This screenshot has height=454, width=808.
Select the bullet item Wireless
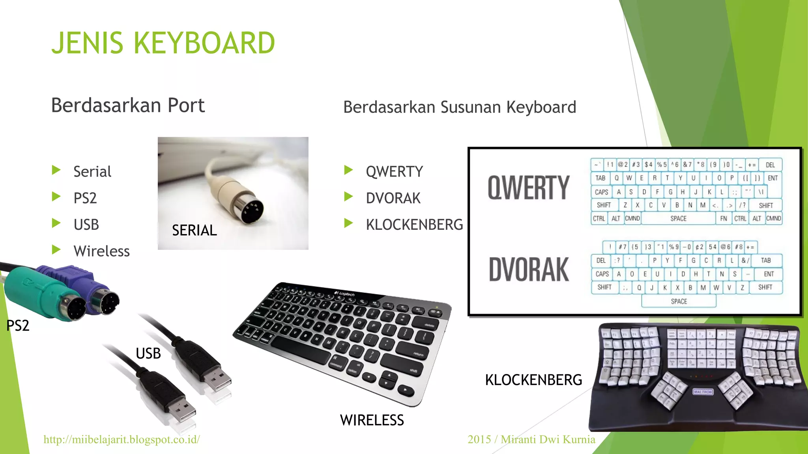[101, 251]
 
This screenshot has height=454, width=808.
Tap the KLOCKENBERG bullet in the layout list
[414, 225]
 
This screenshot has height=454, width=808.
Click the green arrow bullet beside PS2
[56, 197]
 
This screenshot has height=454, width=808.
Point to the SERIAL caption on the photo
[194, 230]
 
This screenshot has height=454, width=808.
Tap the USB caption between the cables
[148, 354]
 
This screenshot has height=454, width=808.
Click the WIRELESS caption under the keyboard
[372, 420]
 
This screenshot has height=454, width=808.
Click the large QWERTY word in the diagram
[528, 188]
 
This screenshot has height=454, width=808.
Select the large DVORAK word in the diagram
[529, 270]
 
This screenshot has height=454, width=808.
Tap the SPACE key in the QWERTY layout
[678, 218]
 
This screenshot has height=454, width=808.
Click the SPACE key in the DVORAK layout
[679, 301]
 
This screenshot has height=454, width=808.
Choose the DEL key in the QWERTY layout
[770, 165]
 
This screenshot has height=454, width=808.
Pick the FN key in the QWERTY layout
[723, 218]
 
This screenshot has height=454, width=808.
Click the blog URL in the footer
[122, 439]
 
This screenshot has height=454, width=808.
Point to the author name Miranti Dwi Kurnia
[548, 439]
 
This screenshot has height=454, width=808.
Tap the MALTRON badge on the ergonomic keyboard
[703, 392]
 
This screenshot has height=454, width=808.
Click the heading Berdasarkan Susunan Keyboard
[460, 107]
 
